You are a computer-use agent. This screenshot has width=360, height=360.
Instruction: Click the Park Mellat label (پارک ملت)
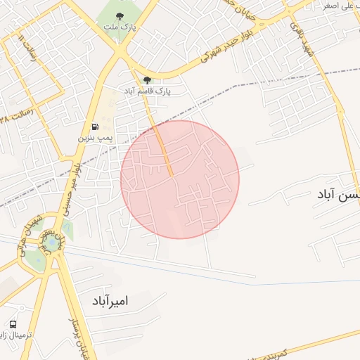tap(120, 26)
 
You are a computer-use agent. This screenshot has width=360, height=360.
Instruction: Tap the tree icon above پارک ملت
tap(121, 15)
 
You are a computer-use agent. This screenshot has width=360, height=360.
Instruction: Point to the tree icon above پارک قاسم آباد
tap(146, 80)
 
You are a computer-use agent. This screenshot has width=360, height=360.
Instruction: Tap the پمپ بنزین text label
tap(95, 138)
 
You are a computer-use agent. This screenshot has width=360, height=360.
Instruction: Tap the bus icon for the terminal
tap(13, 324)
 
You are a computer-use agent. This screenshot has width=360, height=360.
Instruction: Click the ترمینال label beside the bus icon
tap(30, 335)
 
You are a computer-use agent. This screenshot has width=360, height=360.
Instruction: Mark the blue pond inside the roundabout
tap(52, 243)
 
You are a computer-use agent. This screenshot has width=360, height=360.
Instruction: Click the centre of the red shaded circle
tap(180, 179)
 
